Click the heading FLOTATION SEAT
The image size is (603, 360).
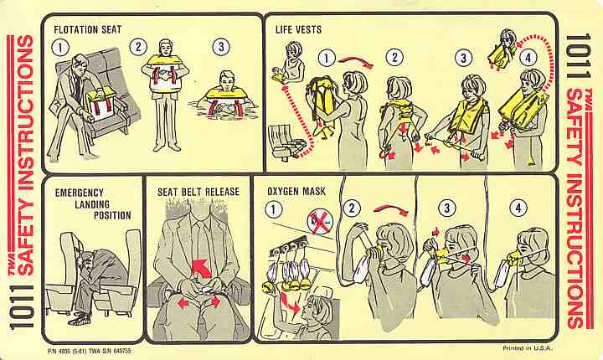tap(88, 29)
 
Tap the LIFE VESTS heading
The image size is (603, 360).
tap(298, 29)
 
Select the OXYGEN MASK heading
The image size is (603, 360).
tap(296, 191)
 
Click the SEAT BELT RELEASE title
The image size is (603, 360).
tap(198, 192)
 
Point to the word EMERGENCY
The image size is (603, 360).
tap(80, 193)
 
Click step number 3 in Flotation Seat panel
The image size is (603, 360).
tap(221, 47)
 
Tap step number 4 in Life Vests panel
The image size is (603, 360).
tap(528, 58)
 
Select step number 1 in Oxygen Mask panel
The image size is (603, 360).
tap(273, 209)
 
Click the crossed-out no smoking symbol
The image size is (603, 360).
tap(320, 223)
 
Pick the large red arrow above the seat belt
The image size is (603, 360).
tap(201, 268)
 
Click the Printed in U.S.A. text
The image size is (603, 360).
tap(528, 348)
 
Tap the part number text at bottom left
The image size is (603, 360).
tap(90, 351)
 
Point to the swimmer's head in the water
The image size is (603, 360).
tap(228, 80)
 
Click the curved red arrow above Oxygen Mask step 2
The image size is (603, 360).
tap(391, 209)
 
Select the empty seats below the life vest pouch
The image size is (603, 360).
tap(286, 141)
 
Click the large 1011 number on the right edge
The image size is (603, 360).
tap(578, 55)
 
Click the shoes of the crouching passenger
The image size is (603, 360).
tap(80, 319)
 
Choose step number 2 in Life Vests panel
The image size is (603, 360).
tap(394, 58)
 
